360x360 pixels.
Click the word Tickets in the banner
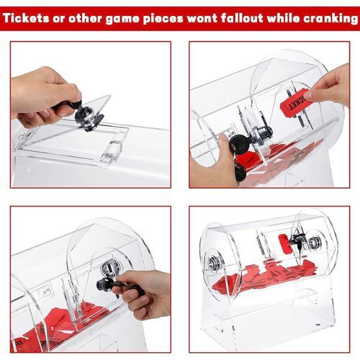[x=26, y=18]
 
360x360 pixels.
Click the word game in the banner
[x=122, y=19]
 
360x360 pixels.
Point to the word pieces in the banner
[x=163, y=19]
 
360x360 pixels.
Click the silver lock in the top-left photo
[x=84, y=117]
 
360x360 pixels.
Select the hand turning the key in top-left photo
[x=45, y=96]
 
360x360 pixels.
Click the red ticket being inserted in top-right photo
[x=294, y=102]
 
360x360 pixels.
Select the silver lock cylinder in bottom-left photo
[x=109, y=268]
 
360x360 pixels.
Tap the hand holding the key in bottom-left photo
[x=143, y=294]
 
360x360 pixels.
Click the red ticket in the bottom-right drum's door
[x=285, y=243]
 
